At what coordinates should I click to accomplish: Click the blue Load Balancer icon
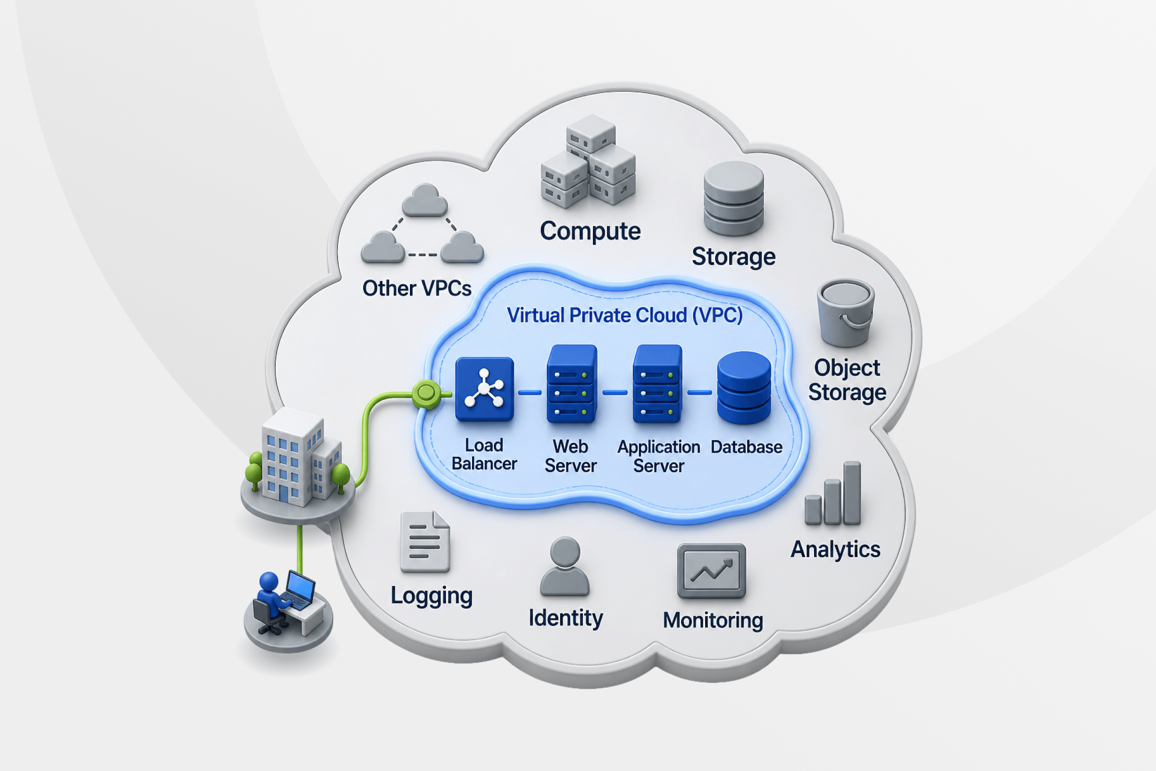485,389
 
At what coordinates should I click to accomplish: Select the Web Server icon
572,384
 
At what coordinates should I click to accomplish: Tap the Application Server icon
657,384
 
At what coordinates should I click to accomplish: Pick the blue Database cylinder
744,387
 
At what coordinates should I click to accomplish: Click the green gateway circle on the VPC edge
426,393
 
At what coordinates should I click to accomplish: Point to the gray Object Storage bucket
845,313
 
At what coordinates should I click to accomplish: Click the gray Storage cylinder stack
734,199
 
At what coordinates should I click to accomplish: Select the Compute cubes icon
588,161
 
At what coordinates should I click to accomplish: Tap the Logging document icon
425,541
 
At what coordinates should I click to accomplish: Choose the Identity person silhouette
565,567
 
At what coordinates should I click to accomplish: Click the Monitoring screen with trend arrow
711,571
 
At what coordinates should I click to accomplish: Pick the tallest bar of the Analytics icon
852,492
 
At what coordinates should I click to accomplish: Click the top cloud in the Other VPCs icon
425,200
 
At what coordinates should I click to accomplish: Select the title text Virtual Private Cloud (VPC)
625,316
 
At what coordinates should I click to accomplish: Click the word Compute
591,231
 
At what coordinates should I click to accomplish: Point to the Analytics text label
836,550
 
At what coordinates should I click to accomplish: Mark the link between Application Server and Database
699,392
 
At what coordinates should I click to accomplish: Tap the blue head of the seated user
269,581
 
